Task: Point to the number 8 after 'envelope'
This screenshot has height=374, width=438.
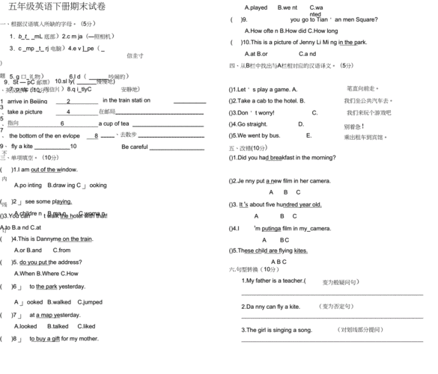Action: (x=96, y=135)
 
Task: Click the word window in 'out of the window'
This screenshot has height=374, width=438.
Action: (x=65, y=170)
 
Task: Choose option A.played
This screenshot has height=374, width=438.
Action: (x=255, y=7)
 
